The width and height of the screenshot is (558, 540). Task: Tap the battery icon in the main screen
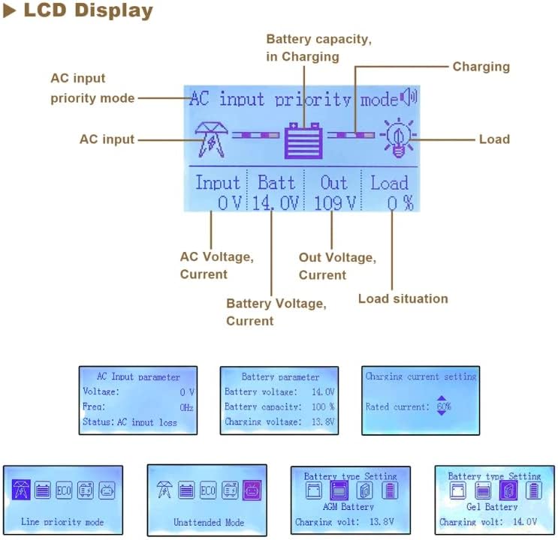[x=303, y=139]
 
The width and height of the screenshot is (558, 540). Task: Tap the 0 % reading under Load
[x=400, y=202]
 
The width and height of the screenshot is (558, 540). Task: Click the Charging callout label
[x=481, y=67]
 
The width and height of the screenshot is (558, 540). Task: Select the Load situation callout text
[x=403, y=298]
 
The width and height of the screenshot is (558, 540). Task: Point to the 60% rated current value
[x=443, y=406]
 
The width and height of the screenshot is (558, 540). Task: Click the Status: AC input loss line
[x=129, y=423]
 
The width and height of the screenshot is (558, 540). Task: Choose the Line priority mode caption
[x=63, y=522]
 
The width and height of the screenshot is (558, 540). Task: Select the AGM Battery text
[x=347, y=507]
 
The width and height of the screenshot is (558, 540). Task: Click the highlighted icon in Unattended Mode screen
[x=252, y=491]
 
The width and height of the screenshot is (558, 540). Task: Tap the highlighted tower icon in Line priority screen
[x=21, y=491]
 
